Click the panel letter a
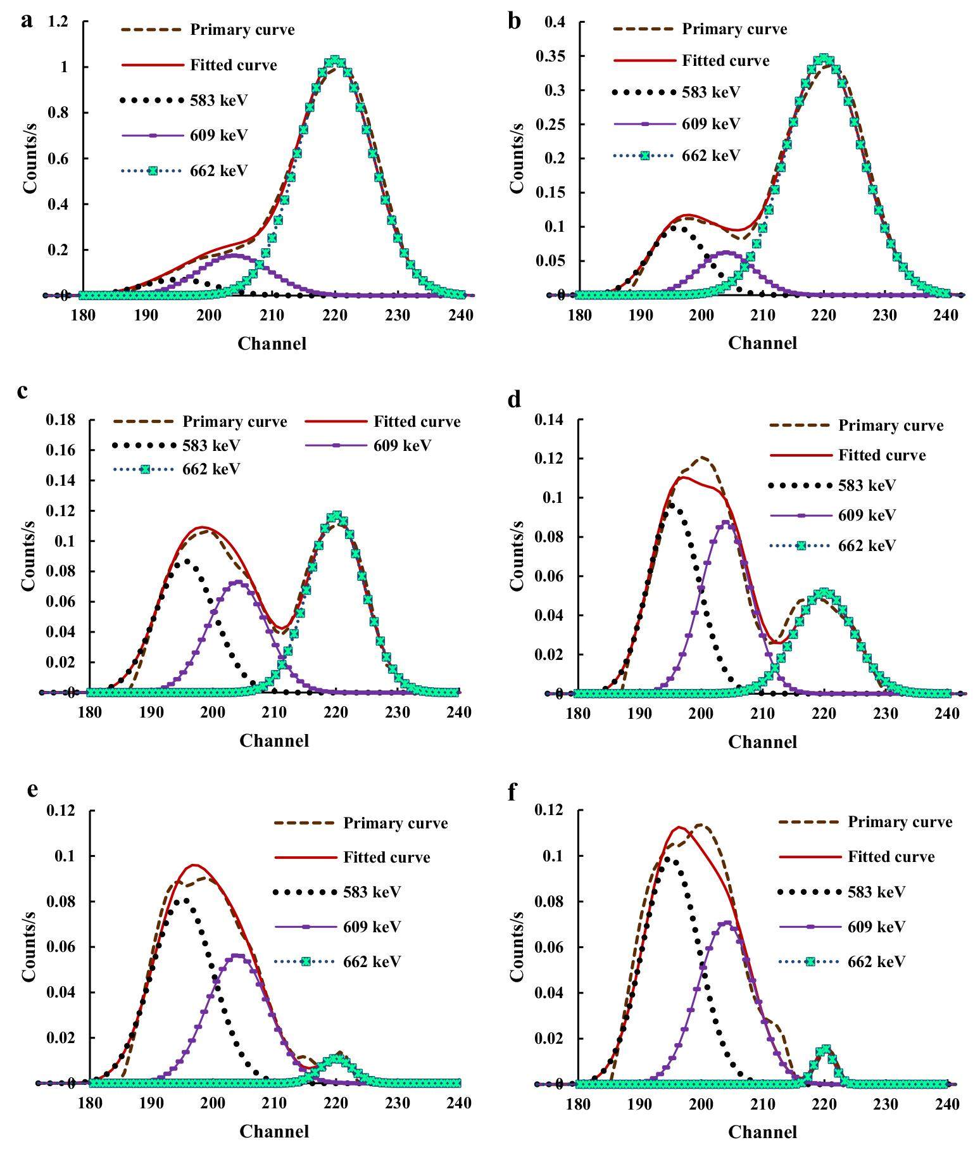[26, 21]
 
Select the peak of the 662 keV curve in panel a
[336, 61]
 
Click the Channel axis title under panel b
[762, 343]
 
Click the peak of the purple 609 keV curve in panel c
[237, 581]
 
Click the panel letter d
[515, 400]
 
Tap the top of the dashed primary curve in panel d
[703, 457]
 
